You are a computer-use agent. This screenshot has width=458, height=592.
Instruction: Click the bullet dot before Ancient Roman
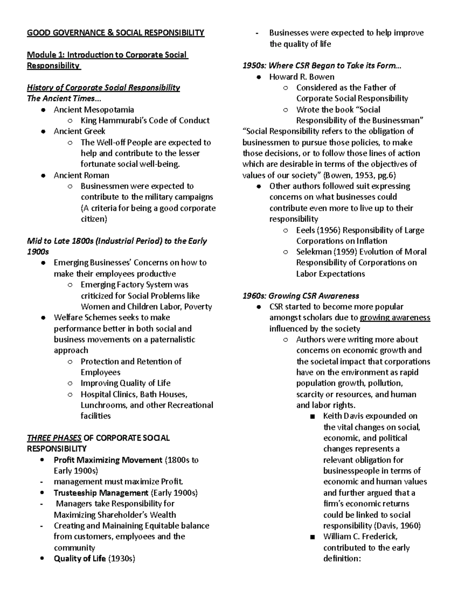pos(44,176)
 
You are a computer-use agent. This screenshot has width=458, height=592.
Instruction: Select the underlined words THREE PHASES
pos(54,438)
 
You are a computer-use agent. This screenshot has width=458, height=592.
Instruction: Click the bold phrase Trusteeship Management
pos(101,493)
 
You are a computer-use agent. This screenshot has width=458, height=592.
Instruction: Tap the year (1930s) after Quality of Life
pos(122,559)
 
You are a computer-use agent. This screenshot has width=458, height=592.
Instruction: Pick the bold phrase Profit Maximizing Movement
pos(108,460)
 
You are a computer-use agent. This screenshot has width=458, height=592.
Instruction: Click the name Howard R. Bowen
pos(302,77)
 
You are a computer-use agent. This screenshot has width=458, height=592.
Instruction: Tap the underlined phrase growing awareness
pos(395,318)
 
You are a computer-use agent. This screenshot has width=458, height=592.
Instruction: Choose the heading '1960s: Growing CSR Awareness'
pos(301,296)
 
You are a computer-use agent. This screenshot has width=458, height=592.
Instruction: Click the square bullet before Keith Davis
pos(313,416)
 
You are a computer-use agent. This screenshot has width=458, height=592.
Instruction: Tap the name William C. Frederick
pos(360,537)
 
